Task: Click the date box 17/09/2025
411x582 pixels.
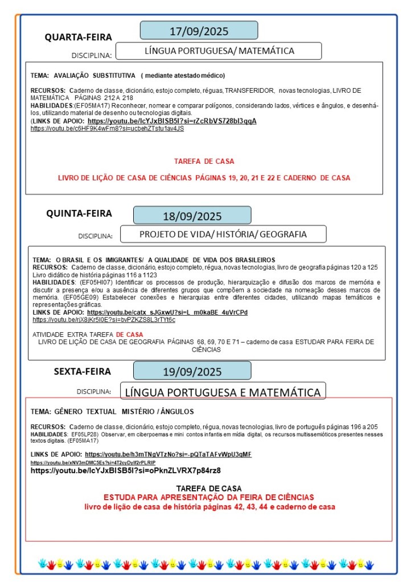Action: (199, 31)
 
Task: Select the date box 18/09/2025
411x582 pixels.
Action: (192, 216)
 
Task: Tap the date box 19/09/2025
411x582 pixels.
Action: (192, 372)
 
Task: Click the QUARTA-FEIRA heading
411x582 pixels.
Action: (79, 38)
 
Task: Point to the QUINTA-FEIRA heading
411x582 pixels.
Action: (79, 214)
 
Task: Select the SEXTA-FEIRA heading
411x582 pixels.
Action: (83, 372)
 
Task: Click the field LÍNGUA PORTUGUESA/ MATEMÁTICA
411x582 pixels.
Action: (220, 51)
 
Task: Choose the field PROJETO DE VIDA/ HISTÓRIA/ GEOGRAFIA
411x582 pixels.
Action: (223, 234)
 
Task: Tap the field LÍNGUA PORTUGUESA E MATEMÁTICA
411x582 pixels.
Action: (223, 392)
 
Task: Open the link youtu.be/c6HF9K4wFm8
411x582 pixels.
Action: (107, 129)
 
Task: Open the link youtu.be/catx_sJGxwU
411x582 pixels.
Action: (167, 312)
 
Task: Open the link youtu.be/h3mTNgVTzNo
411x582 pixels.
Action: (168, 454)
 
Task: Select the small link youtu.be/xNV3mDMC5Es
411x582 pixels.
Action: (93, 463)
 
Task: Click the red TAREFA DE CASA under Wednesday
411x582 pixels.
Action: (204, 161)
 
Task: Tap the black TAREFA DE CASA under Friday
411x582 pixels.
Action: (208, 488)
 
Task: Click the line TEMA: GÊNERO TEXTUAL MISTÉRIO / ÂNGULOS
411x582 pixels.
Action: (112, 411)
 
